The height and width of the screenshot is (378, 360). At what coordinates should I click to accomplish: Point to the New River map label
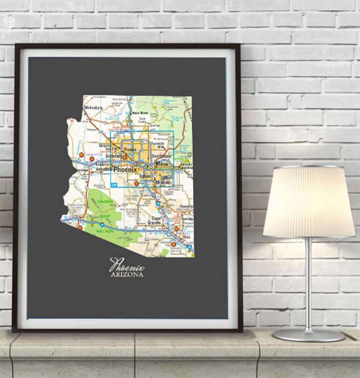(141, 113)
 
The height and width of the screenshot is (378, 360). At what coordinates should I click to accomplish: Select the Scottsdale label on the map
(161, 156)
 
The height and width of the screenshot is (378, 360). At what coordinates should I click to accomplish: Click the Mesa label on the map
(162, 164)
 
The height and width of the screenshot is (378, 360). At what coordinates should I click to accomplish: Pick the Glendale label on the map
(114, 156)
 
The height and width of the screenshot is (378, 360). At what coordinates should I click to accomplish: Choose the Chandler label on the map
(165, 183)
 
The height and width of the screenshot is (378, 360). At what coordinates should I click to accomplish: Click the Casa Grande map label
(156, 220)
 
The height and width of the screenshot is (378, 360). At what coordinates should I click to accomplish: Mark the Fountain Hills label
(158, 145)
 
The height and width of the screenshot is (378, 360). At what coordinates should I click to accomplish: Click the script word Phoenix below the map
(127, 266)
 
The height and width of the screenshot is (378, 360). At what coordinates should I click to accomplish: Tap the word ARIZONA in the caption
(127, 275)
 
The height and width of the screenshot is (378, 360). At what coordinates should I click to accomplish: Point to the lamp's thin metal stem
(309, 283)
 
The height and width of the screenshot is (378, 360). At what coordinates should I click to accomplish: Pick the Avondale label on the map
(102, 169)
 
